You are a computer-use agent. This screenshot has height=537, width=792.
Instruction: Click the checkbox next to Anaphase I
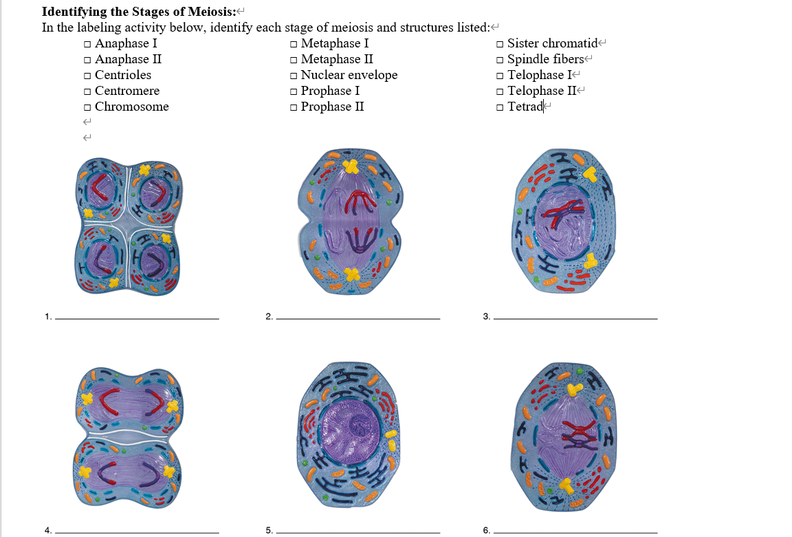(87, 44)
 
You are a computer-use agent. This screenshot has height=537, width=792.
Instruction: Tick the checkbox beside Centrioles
(87, 76)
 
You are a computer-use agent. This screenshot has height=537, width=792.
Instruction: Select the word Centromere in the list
(127, 91)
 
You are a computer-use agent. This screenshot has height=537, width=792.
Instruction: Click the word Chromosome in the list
(131, 107)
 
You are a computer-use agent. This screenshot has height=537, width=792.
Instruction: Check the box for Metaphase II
(294, 60)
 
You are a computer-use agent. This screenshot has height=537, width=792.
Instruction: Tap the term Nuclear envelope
(349, 75)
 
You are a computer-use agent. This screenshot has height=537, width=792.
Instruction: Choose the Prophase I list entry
(330, 91)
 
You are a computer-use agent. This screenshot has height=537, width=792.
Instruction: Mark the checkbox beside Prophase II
(294, 107)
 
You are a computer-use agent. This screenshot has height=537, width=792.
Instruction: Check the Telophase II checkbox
(500, 91)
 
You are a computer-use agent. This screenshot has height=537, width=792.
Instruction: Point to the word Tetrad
(525, 107)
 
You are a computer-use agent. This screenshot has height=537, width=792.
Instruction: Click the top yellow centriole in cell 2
(351, 166)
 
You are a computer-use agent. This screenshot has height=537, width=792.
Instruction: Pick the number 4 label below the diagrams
(47, 530)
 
